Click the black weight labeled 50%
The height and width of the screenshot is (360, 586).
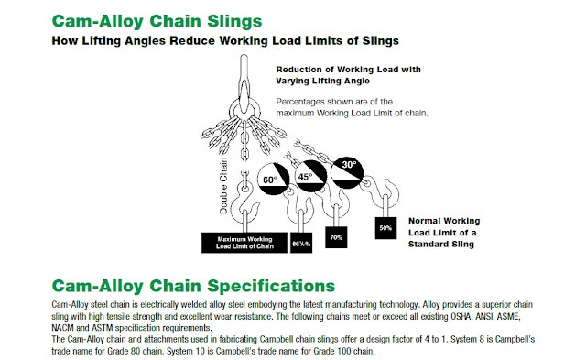385,227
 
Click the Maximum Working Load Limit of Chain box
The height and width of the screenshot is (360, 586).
239,243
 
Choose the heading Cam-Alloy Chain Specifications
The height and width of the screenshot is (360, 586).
193,284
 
